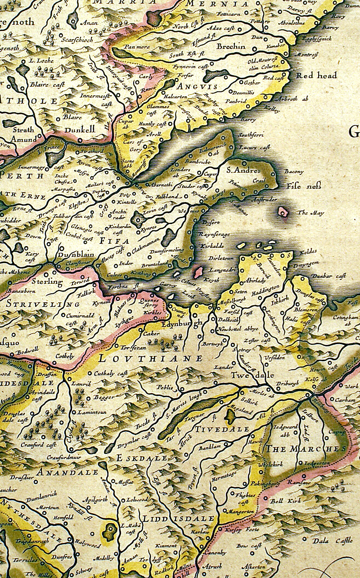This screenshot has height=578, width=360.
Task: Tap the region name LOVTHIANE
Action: [x=150, y=358]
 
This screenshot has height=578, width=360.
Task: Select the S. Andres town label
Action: [x=243, y=170]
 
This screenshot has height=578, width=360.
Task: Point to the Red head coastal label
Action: [x=316, y=76]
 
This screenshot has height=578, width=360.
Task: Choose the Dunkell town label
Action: [x=80, y=130]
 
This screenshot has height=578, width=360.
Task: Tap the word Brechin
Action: [x=231, y=46]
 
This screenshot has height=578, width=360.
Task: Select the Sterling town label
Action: [x=47, y=282]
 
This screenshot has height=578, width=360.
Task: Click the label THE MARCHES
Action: [x=306, y=448]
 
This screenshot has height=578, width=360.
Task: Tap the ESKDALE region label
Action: [x=135, y=458]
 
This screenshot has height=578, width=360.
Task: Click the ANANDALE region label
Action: [x=67, y=472]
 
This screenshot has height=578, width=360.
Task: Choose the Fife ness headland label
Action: [x=301, y=185]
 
